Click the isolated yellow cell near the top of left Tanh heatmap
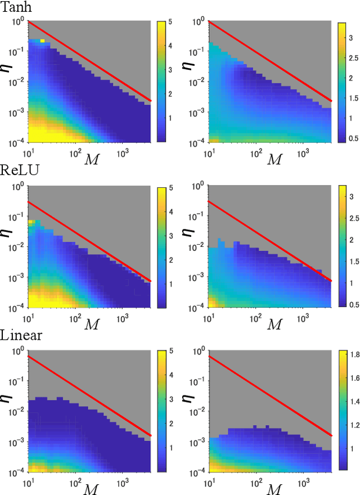(42, 40)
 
